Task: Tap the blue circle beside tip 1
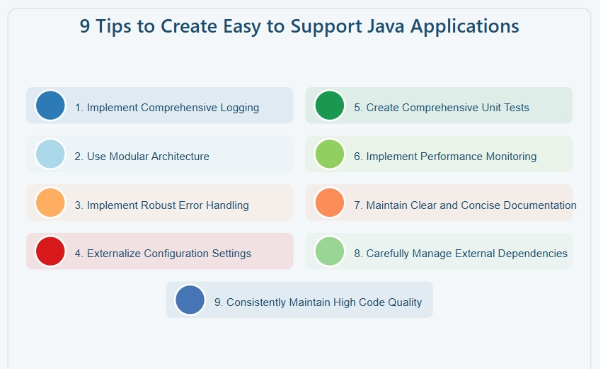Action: pyautogui.click(x=50, y=106)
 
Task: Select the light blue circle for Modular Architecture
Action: pyautogui.click(x=50, y=154)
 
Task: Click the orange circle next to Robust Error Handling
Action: pyautogui.click(x=50, y=203)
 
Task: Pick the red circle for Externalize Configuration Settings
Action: pyautogui.click(x=50, y=251)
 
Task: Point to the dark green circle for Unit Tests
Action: pyautogui.click(x=330, y=106)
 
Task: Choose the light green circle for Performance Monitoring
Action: pyautogui.click(x=330, y=154)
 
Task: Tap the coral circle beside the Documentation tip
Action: pyautogui.click(x=330, y=203)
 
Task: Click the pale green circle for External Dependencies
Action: pyautogui.click(x=330, y=251)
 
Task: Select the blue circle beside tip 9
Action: pyautogui.click(x=190, y=300)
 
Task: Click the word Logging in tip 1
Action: pyautogui.click(x=239, y=108)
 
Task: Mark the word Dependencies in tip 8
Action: pyautogui.click(x=535, y=254)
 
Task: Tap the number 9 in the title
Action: pyautogui.click(x=85, y=27)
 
